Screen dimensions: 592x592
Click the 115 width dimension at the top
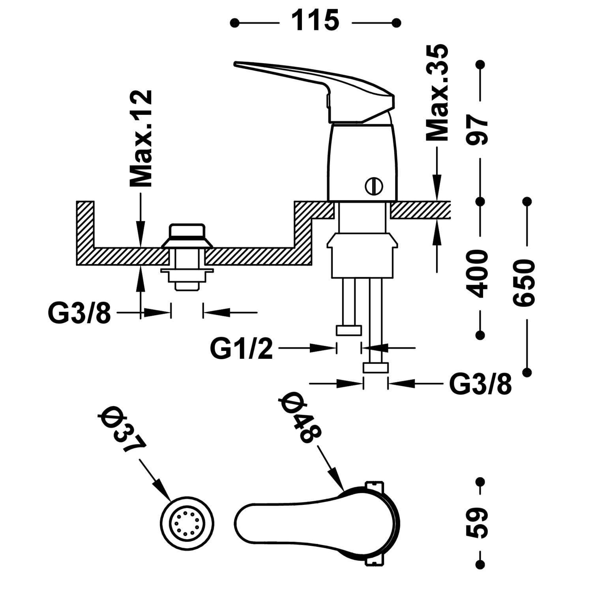[315, 22]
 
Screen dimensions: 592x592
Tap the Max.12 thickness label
[141, 139]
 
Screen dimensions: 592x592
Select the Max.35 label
[437, 93]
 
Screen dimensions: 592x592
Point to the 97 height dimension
[479, 131]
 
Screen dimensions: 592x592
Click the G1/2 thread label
[241, 348]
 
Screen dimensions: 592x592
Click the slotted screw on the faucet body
[374, 186]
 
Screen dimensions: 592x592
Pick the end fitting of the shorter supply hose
[348, 330]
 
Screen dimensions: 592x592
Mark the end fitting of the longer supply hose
[376, 368]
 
